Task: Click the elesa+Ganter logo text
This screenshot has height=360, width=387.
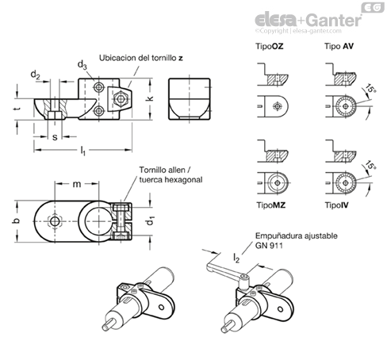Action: [x=308, y=20]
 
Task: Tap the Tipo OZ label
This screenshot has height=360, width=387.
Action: [x=270, y=46]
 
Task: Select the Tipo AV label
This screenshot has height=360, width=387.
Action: [x=339, y=46]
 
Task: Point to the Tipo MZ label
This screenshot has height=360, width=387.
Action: [x=271, y=205]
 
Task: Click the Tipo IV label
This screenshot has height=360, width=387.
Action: [x=336, y=205]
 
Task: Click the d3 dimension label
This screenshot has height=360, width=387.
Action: [x=82, y=65]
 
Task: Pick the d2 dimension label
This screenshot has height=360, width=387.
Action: [x=35, y=75]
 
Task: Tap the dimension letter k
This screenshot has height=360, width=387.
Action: [x=150, y=98]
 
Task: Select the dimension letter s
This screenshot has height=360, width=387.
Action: [x=55, y=137]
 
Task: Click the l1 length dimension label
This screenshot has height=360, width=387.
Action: [x=82, y=151]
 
